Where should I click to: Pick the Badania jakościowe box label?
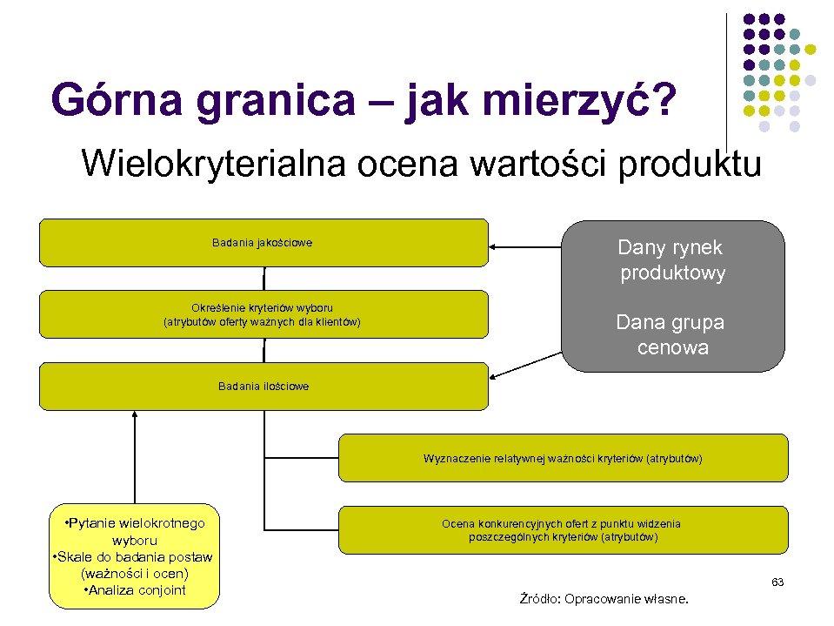(262, 243)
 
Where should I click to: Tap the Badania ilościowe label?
(264, 386)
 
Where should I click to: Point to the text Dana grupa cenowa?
(671, 335)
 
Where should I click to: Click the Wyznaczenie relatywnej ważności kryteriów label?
(563, 458)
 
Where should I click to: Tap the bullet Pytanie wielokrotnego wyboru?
(135, 530)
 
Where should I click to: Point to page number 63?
(777, 582)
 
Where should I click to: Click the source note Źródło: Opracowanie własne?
(604, 599)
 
